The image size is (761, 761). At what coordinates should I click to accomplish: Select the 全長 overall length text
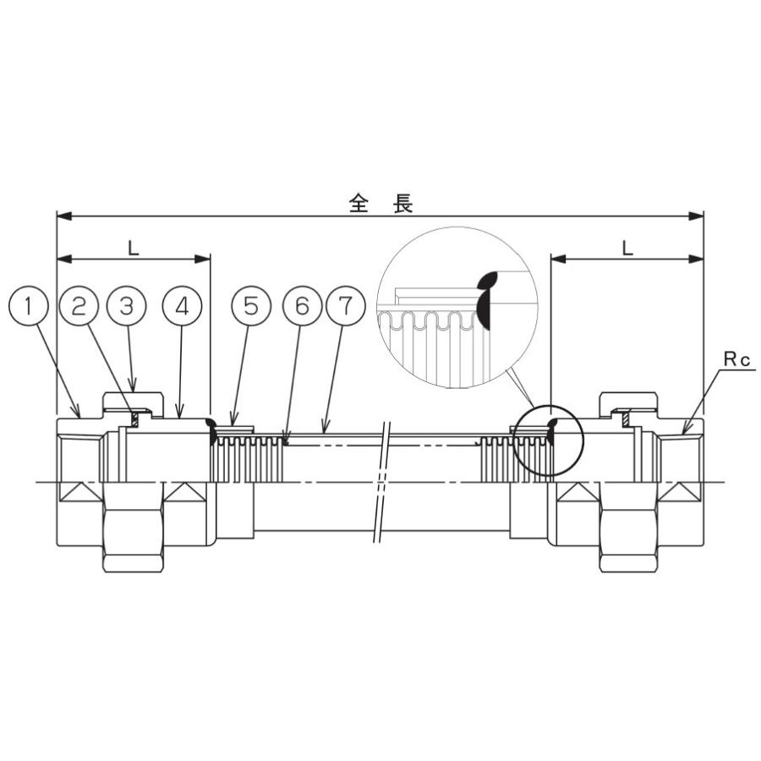click(x=380, y=203)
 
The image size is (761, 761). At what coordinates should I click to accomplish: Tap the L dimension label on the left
click(x=133, y=248)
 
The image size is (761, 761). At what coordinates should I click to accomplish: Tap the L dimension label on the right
click(x=627, y=248)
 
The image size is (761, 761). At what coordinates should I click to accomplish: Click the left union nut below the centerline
click(x=135, y=533)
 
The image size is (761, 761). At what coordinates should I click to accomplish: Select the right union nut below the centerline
click(x=630, y=533)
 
